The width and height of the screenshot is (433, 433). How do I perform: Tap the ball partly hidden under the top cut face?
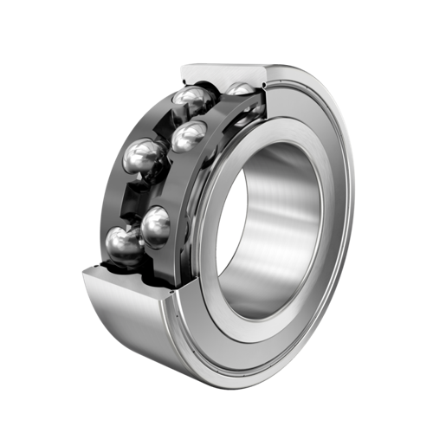[x=241, y=89]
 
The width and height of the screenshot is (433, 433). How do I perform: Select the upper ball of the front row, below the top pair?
[x=188, y=136]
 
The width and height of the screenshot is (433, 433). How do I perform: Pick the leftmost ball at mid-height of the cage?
[x=145, y=158]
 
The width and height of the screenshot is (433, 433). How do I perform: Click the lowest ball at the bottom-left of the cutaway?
[x=125, y=245]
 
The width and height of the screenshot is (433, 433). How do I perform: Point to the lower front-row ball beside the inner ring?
[x=156, y=226]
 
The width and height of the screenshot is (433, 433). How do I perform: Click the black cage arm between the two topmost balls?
[x=218, y=97]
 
